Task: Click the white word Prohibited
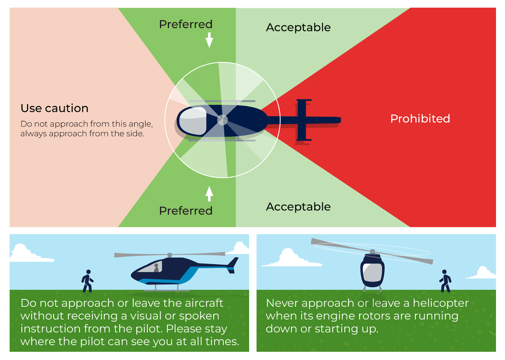[420, 119]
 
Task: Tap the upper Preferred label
[186, 24]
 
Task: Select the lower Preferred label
[186, 211]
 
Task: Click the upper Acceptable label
[298, 28]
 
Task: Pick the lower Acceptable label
[298, 207]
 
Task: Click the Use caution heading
[54, 108]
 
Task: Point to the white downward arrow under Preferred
[209, 40]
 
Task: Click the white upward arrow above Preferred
[209, 193]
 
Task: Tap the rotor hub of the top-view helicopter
[222, 120]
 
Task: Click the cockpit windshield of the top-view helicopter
[193, 121]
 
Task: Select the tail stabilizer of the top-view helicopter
[303, 120]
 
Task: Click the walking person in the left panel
[87, 281]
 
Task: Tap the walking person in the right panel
[445, 281]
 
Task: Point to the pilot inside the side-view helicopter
[156, 268]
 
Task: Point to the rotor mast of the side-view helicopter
[169, 255]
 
